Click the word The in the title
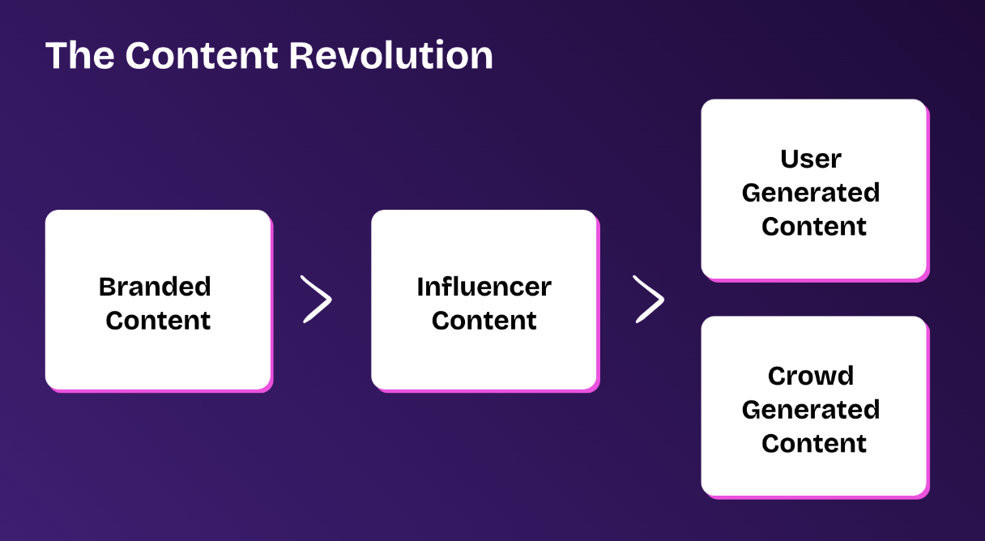79,56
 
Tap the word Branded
155,287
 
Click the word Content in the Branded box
158,321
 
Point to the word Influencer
484,287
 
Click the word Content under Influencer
484,321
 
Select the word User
811,159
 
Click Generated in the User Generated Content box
811,193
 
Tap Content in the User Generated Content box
814,227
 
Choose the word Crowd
811,376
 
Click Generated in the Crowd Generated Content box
811,410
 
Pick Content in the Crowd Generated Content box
814,444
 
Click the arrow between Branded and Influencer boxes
316,300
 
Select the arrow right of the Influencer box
648,300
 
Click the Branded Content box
158,356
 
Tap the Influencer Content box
484,356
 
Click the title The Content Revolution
269,56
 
